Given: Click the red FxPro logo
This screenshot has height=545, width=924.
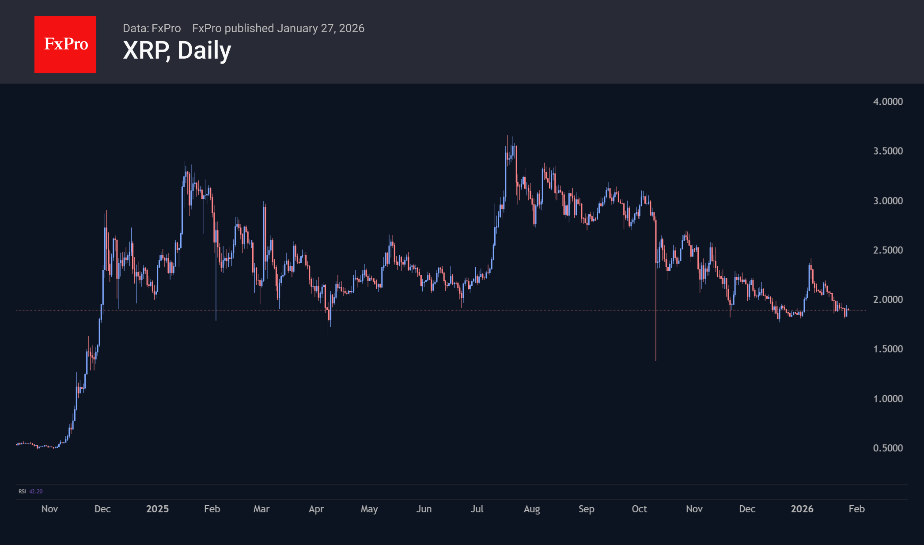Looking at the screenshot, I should coord(65,44).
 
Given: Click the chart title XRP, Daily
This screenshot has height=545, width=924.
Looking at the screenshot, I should coord(177,50).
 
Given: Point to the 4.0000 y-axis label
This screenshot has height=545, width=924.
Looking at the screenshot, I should coord(887,102).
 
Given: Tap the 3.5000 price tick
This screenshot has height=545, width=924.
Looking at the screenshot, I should coord(887,151).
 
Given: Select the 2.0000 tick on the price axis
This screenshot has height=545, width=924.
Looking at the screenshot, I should coord(887,299).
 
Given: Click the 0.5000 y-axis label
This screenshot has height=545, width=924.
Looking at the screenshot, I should coord(887,448).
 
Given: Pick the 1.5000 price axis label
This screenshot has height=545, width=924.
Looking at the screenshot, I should coord(887,349).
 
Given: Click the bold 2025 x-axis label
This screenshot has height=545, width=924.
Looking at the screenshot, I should coord(157,509).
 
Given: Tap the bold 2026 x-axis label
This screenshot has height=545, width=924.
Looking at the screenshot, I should coord(802,509).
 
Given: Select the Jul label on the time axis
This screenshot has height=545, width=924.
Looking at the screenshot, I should coord(477,509).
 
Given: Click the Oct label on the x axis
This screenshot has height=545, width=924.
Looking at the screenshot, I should coord(639,509).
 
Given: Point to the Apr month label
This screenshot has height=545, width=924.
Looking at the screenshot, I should coord(316,509).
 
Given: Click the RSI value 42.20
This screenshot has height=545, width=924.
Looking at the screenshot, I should coord(36,492).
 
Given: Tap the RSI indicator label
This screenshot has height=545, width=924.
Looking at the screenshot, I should coord(22,492).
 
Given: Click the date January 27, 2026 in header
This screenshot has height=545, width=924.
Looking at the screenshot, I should coord(321,28).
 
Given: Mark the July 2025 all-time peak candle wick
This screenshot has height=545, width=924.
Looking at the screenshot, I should coord(507,136).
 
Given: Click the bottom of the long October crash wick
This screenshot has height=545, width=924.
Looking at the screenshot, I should coord(656,360).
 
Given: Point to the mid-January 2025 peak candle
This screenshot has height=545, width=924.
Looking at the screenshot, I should coord(184,163).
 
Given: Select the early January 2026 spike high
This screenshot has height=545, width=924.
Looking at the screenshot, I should coord(810,260).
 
